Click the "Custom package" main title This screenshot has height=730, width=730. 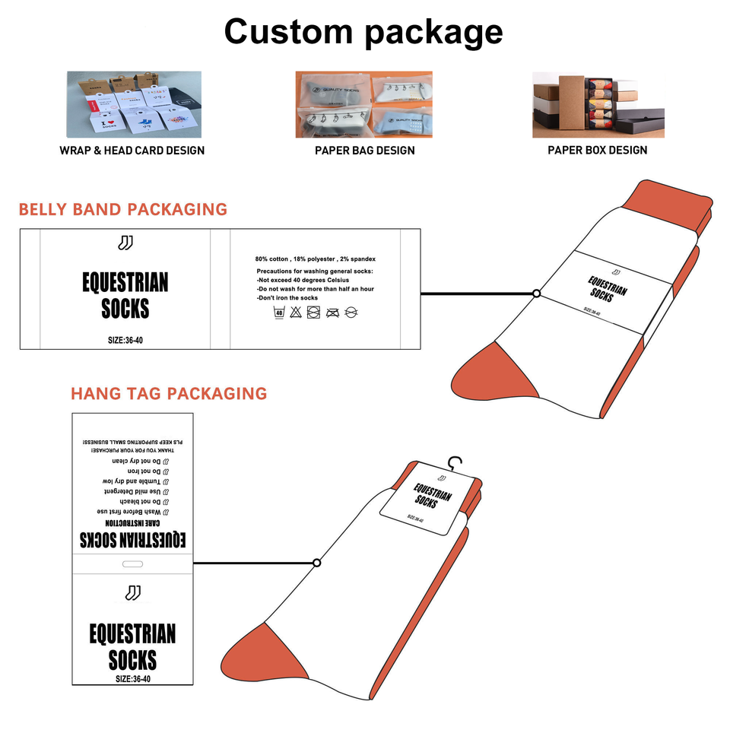363,32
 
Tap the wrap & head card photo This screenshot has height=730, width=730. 134,104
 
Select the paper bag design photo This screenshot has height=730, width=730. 363,104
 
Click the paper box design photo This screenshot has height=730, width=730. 598,104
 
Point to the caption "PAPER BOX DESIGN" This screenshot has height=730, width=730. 598,151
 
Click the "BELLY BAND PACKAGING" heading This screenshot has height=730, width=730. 123,210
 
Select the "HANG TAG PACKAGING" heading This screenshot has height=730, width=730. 169,394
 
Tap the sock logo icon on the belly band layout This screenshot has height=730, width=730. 125,243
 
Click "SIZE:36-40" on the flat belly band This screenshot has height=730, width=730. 125,340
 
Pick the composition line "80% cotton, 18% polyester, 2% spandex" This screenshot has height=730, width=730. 316,259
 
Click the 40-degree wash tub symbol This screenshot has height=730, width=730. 279,313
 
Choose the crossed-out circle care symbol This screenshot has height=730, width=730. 351,313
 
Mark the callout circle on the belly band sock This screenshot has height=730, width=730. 537,293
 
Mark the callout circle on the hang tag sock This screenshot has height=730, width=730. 316,563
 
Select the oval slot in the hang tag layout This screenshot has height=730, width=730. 132,563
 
